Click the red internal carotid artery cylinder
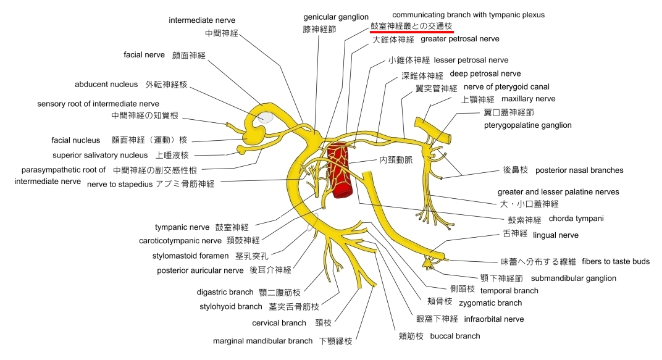click(x=341, y=170)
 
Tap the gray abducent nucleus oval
click(x=266, y=117)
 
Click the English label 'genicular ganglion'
click(x=336, y=17)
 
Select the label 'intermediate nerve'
click(x=202, y=20)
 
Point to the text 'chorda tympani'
click(x=576, y=219)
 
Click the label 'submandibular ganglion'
click(x=573, y=278)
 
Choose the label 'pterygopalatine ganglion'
click(x=528, y=125)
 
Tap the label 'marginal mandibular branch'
click(x=262, y=341)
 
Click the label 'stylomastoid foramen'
click(x=190, y=256)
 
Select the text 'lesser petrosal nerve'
click(x=471, y=61)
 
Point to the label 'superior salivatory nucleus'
click(x=100, y=156)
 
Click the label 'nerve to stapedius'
click(x=119, y=185)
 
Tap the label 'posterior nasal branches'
click(x=579, y=170)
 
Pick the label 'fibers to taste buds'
click(x=616, y=262)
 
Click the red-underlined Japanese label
click(x=411, y=26)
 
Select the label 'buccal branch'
click(x=455, y=337)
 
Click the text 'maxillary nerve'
click(x=528, y=99)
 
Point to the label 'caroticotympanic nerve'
click(x=180, y=241)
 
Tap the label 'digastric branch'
click(x=225, y=292)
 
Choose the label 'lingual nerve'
click(x=556, y=235)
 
